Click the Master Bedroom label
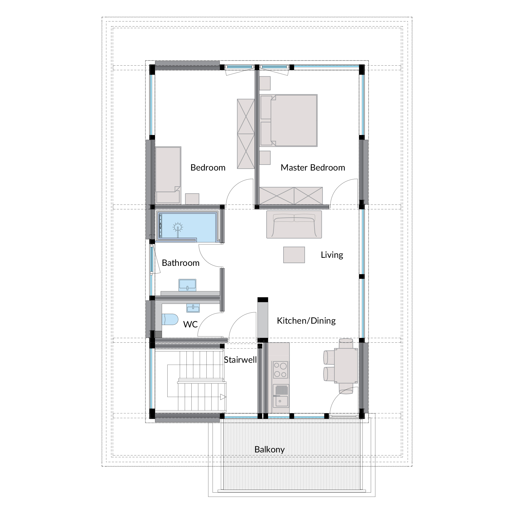point(313,168)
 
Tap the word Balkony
point(269,449)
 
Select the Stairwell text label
point(240,360)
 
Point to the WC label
point(190,324)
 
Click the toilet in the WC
point(170,319)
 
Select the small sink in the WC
point(193,308)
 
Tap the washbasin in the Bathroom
point(187,285)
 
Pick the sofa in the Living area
point(294,224)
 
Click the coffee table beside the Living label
point(294,255)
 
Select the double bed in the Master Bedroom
point(289,120)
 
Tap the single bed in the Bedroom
point(168,175)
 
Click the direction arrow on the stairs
point(223,397)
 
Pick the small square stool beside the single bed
point(192,199)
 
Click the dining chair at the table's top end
point(346,343)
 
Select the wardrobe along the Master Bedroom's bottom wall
point(291,196)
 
